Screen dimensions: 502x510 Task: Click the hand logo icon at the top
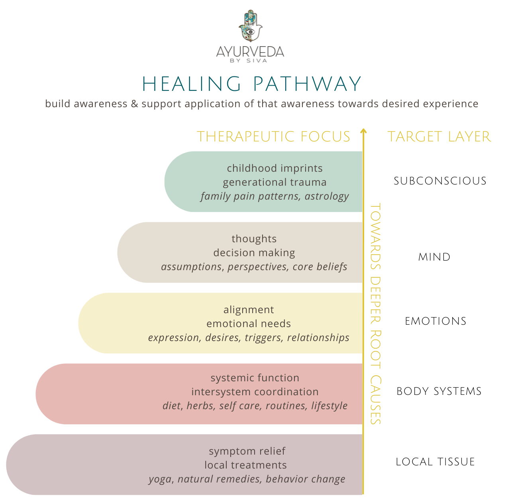point(250,26)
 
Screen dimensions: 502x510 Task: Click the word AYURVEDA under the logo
point(250,52)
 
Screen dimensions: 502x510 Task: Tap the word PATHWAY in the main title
point(307,84)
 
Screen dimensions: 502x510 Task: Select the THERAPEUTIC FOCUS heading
point(273,137)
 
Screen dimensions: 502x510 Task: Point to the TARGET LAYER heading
point(439,137)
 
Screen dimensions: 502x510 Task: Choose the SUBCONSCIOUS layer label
point(440,181)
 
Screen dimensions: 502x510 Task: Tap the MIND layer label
point(434,257)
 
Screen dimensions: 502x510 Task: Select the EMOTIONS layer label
point(435,321)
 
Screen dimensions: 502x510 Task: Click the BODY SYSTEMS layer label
point(439,391)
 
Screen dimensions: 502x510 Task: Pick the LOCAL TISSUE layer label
point(435,462)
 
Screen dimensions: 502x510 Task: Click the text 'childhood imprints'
point(275,168)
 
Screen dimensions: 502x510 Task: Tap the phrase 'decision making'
point(254,253)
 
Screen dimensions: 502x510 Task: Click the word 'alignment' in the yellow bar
point(249,310)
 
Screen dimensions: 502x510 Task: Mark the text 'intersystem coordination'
point(255,392)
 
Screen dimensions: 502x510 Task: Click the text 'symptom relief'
point(247,451)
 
